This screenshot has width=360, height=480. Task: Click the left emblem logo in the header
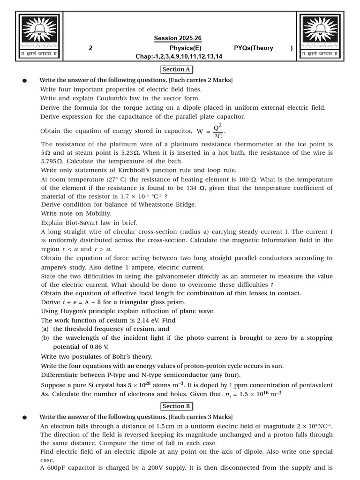tap(38, 36)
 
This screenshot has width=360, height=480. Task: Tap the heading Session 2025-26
tap(178, 38)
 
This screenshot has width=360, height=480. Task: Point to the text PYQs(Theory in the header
tap(253, 48)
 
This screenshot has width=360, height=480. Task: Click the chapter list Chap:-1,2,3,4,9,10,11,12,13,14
tap(179, 57)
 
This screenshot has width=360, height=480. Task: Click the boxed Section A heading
tap(176, 69)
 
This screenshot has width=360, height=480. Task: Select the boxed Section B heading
tap(176, 406)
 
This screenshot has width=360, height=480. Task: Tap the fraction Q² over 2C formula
tap(218, 131)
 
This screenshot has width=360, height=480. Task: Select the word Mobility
tap(96, 213)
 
